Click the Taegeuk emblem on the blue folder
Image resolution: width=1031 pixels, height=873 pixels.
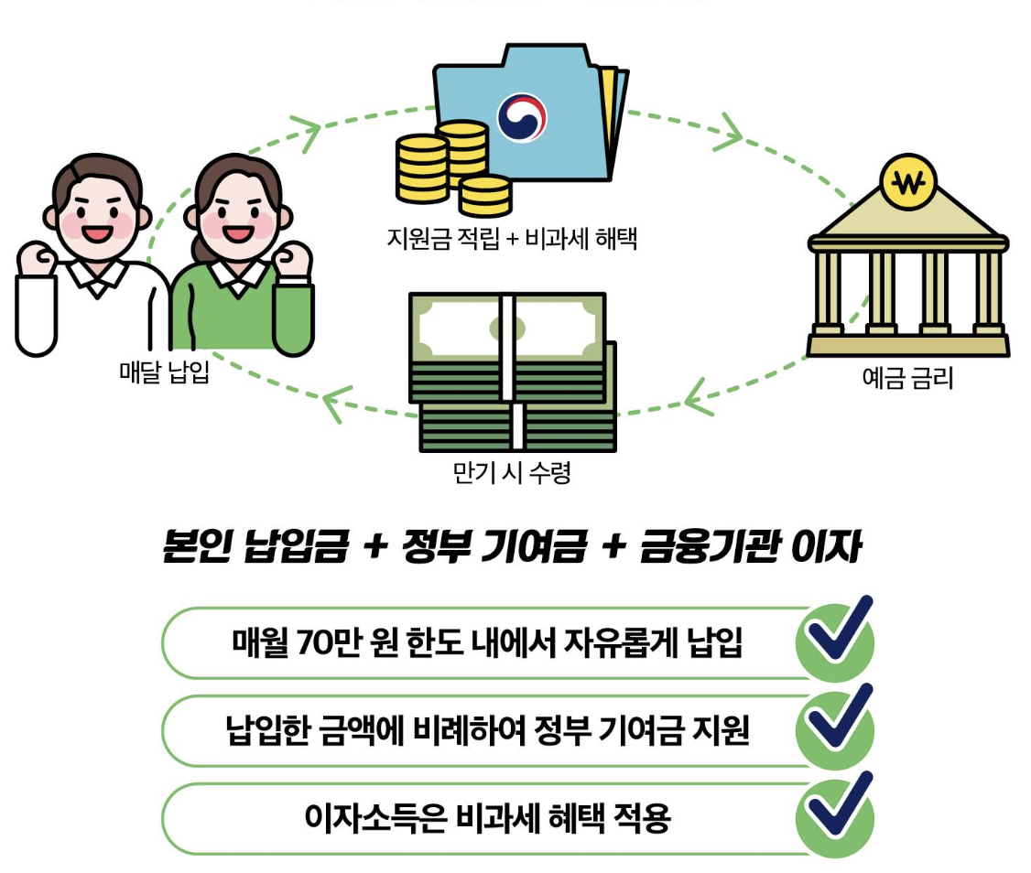pyautogui.click(x=522, y=116)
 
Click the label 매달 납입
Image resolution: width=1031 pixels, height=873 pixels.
pyautogui.click(x=165, y=372)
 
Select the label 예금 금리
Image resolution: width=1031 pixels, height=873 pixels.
pyautogui.click(x=907, y=377)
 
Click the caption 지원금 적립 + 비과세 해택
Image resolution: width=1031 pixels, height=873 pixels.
pyautogui.click(x=512, y=240)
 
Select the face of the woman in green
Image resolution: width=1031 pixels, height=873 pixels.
pyautogui.click(x=237, y=221)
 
